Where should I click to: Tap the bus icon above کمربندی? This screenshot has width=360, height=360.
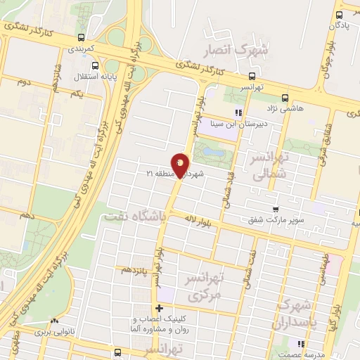pos(83,37)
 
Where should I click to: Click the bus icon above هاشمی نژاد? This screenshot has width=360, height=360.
pos(285,98)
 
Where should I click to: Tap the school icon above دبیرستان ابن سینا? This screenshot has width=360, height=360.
pos(238,112)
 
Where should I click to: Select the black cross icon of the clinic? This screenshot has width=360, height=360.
pos(160,307)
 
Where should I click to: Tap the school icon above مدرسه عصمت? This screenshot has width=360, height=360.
pos(300,344)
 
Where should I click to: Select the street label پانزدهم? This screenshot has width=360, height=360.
pos(135,269)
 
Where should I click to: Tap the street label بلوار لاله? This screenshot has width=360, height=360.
pos(189,220)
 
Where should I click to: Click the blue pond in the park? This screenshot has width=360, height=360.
pos(214,151)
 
